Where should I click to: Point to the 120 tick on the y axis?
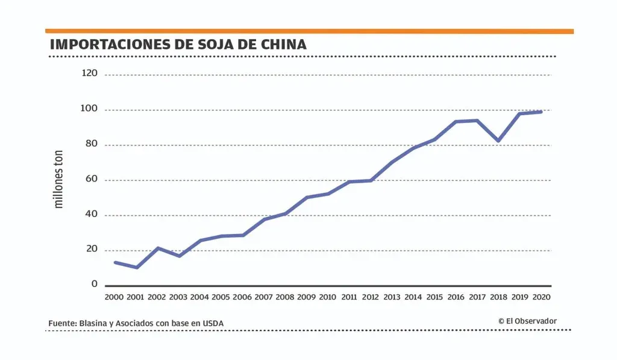point(89,74)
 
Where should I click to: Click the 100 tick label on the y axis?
point(89,109)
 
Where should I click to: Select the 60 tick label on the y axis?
point(92,180)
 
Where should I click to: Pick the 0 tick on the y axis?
point(95,284)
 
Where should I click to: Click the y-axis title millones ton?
point(59,180)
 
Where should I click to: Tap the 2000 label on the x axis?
point(114,297)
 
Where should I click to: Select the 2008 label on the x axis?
point(285,297)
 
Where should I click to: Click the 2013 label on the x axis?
point(392,297)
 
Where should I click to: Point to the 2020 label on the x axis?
point(542,297)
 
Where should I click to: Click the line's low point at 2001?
point(137,267)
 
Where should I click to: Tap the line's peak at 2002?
point(158,248)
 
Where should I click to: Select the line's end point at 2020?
point(541,112)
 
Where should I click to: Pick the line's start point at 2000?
point(115,262)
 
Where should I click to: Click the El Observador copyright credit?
point(527,321)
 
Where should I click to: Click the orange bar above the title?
point(309,31)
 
